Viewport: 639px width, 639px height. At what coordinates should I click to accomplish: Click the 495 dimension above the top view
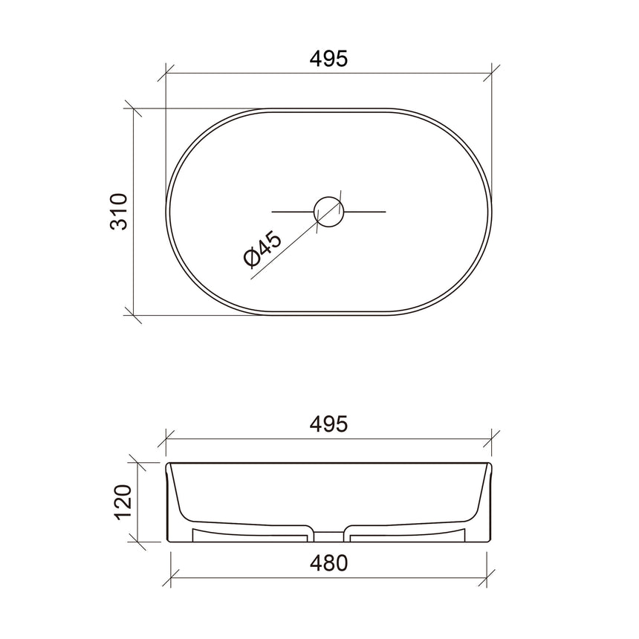tap(328, 59)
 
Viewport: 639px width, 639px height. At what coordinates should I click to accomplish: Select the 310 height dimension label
tap(120, 211)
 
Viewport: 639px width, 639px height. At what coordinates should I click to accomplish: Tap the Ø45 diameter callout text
tap(262, 248)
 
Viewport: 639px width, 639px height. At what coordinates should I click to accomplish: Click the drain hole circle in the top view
tap(329, 211)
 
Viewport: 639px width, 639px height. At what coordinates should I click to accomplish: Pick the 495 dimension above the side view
tap(328, 424)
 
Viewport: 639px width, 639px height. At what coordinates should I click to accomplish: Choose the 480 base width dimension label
tap(328, 562)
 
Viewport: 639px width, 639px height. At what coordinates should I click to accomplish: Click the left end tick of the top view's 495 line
tap(166, 73)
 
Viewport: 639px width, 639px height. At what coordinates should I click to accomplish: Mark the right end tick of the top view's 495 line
tap(490, 73)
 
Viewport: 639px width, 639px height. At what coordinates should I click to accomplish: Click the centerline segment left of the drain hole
tap(293, 212)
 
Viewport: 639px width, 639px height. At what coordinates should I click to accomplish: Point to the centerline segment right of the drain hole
tap(366, 212)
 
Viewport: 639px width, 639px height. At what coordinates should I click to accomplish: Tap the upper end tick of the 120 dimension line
tap(134, 463)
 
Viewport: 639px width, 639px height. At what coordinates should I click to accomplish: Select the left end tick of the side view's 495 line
tap(166, 438)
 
